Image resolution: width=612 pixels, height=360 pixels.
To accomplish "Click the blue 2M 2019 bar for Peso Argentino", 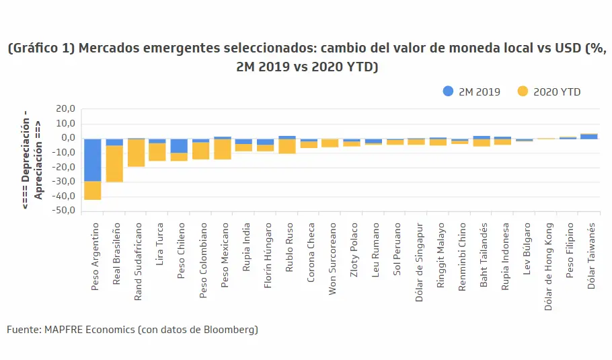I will pyautogui.click(x=92, y=159).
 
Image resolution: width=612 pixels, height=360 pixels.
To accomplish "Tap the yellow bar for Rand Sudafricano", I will pyautogui.click(x=137, y=153).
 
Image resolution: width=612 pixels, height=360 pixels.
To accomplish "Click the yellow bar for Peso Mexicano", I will pyautogui.click(x=223, y=149).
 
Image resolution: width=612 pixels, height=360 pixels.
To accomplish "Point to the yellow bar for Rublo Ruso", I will pyautogui.click(x=287, y=146).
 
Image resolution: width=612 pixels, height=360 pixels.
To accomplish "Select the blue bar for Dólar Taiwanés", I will pyautogui.click(x=589, y=137).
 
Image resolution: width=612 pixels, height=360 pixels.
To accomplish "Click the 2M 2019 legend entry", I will pyautogui.click(x=471, y=92).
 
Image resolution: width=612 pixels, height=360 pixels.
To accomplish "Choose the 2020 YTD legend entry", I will pyautogui.click(x=549, y=92).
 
